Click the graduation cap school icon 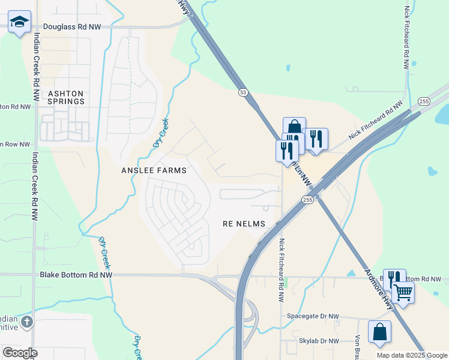pos(19,22)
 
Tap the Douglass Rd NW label pos(72,27)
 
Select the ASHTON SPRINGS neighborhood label pos(66,98)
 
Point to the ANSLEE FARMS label pos(154,170)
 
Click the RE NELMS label pos(244,223)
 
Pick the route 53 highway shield pos(243,92)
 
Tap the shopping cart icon pos(403,293)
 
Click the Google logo pos(20,353)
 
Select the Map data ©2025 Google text pos(411,355)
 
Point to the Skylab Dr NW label pos(319,341)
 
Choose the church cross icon pos(26,323)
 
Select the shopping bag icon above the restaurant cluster pos(294,127)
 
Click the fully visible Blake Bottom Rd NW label pos(76,275)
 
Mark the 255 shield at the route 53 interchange pos(307,199)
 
